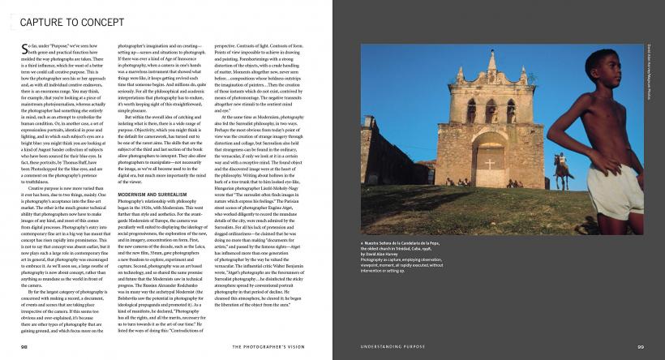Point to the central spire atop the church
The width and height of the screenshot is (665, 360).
point(491,62)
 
